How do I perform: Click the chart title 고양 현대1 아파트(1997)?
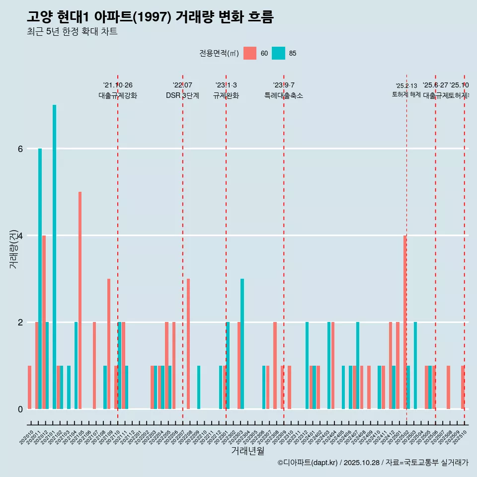(x=150, y=17)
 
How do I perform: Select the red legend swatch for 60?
(x=250, y=53)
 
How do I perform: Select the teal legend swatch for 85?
(x=279, y=53)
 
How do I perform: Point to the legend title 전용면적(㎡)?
(x=219, y=53)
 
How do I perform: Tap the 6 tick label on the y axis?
(x=20, y=149)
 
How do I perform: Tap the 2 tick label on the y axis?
(x=20, y=322)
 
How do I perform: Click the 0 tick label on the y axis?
(x=20, y=409)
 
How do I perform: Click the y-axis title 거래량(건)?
(x=13, y=248)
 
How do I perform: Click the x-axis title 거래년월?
(x=247, y=451)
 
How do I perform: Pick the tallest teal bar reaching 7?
(x=55, y=256)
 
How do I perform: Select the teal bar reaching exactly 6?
(x=40, y=278)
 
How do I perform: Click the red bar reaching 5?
(x=80, y=300)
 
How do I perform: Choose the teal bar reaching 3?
(x=242, y=343)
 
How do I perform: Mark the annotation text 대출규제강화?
(x=118, y=95)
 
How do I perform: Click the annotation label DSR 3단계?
(x=182, y=95)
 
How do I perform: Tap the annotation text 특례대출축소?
(x=283, y=95)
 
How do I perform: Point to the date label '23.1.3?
(x=226, y=85)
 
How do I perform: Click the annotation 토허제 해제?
(x=406, y=94)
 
